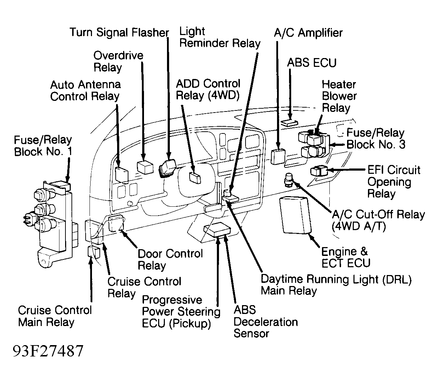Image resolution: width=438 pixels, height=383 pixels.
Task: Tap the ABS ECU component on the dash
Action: coord(289,122)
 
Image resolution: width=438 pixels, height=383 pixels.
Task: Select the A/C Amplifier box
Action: coord(278,156)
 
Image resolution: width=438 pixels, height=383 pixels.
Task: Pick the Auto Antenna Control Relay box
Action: coord(122,173)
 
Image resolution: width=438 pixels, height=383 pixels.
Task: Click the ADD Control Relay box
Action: coord(195,177)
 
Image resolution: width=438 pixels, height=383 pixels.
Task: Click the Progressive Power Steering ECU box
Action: coord(217,230)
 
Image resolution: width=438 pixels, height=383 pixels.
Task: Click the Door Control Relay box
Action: coord(116,223)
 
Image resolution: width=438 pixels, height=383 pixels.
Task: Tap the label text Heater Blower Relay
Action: coord(339,96)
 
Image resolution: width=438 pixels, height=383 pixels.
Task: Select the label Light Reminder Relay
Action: coord(219,38)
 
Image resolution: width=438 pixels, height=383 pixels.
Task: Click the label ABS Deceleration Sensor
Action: coord(265,322)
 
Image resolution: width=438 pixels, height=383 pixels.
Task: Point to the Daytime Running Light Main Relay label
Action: coord(336,285)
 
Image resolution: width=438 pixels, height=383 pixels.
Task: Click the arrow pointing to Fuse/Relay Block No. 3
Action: coord(338,144)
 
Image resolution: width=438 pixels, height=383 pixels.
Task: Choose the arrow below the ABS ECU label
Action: coord(290,94)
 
